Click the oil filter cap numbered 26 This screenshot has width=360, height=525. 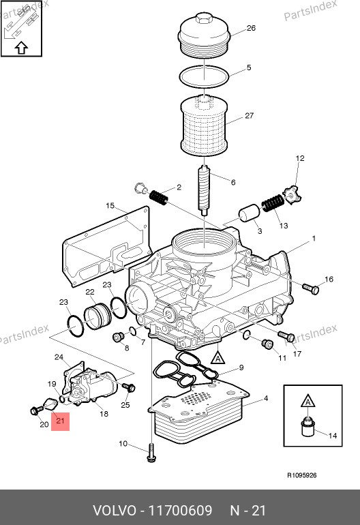203,35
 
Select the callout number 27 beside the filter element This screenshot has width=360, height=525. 249,115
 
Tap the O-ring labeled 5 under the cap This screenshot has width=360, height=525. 204,76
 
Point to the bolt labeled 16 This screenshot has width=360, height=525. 311,289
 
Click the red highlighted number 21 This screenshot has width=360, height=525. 60,420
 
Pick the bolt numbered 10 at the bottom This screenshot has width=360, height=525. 151,453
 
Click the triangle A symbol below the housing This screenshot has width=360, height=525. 218,357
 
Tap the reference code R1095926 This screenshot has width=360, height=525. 302,475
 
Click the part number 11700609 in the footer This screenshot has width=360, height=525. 180,511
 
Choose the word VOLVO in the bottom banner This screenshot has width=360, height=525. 115,511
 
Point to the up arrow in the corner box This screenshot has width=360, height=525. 21,48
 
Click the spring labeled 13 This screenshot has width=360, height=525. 273,203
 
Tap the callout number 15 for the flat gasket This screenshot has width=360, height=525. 110,206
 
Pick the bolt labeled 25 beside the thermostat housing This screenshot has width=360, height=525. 129,387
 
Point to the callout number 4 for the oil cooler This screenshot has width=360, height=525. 266,398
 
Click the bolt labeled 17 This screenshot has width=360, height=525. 286,335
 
